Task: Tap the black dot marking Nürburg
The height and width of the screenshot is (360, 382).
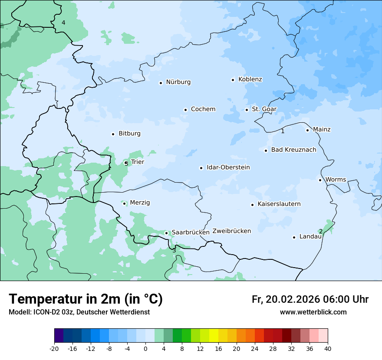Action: pos(161,82)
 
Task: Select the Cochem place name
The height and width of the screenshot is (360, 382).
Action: pos(203,109)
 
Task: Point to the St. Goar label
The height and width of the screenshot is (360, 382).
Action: pos(264,109)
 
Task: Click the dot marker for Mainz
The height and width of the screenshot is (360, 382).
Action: pos(307,130)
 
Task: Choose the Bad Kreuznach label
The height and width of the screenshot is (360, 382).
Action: pos(293,150)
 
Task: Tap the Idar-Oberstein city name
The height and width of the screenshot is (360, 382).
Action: pos(228,167)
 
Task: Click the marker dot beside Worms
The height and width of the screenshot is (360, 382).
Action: pos(320,180)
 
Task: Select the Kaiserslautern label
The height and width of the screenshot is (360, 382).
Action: pos(279,204)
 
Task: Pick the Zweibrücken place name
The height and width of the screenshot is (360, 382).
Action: pos(231,231)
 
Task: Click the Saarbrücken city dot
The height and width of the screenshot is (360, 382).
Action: pos(166,233)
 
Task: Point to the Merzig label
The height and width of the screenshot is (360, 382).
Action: pos(140,203)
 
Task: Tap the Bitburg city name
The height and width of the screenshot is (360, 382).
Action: pos(129,134)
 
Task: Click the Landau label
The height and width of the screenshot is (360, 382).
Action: pos(310,237)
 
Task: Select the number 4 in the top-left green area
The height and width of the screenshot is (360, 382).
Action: pos(63,23)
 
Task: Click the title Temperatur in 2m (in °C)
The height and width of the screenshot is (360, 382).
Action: pos(86,299)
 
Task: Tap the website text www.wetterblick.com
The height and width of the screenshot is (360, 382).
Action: pos(313,312)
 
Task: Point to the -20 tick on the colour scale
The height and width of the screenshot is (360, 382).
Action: pos(54,349)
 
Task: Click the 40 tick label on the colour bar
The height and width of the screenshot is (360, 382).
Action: pos(327,349)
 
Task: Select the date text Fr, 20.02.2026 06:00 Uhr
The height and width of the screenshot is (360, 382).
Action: pos(310,299)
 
